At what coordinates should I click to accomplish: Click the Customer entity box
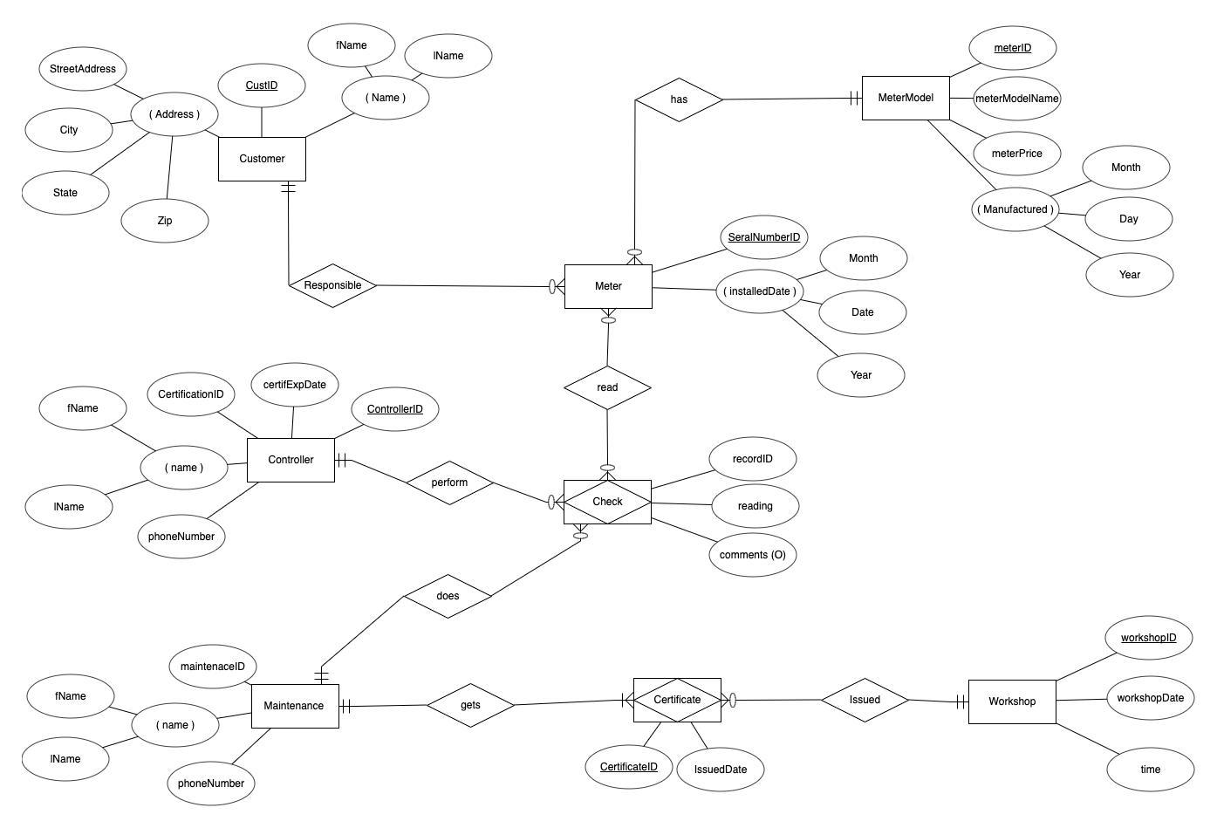coord(262,159)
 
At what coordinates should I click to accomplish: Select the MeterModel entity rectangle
coord(906,98)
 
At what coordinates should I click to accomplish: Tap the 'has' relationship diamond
coord(679,99)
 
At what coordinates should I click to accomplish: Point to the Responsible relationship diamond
coord(332,285)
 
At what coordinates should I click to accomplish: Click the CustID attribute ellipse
coord(262,86)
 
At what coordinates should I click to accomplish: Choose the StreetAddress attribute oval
coord(83,69)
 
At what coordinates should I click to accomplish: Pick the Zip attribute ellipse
coord(165,221)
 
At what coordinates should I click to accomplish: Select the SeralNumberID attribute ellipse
coord(763,237)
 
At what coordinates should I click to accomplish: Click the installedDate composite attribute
coord(760,291)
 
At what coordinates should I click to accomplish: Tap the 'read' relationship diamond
coord(607,387)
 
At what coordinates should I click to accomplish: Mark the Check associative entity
coord(607,502)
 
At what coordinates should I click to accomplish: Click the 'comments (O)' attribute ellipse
coord(752,555)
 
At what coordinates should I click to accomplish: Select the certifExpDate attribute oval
coord(295,385)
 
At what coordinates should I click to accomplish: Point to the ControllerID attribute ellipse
coord(394,409)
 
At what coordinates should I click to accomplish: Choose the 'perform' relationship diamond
coord(449,482)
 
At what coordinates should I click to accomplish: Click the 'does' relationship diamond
coord(448,596)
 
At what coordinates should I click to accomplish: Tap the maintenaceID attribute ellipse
coord(212,667)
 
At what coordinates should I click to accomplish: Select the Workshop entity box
coord(1012,701)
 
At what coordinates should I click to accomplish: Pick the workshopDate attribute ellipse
coord(1150,698)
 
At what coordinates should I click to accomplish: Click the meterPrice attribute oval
coord(1017,154)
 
